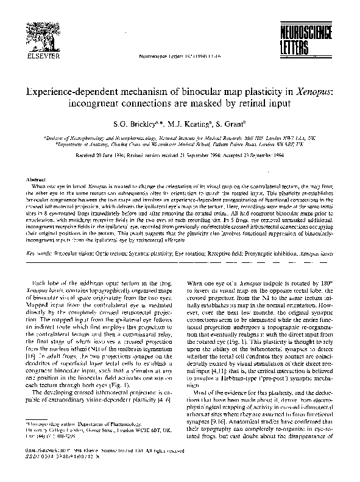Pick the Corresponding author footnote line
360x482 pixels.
coord(79,422)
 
